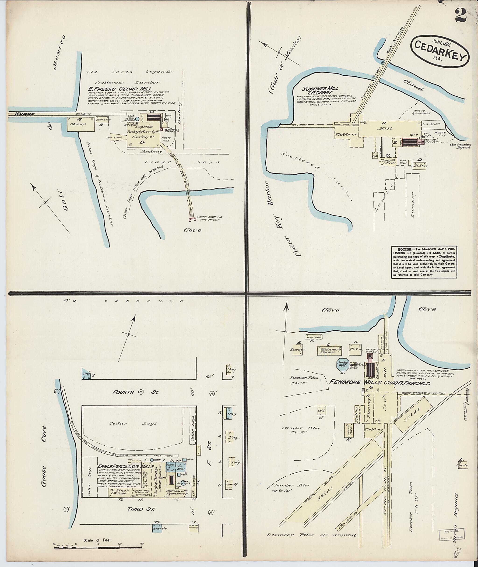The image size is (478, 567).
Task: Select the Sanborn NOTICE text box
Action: pos(424,262)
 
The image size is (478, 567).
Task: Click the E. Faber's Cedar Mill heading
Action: pos(119,89)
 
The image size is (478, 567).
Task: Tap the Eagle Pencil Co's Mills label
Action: pos(126,466)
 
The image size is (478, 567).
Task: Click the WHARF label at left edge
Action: pos(24,114)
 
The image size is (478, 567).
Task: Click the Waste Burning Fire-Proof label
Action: pos(209,218)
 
